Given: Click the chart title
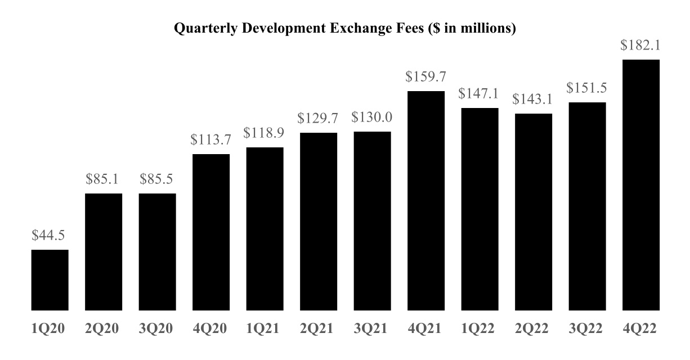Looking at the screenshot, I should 345,29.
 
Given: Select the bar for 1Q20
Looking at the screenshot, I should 50,280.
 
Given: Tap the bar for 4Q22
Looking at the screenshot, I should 641,186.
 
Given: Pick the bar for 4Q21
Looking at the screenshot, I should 426,201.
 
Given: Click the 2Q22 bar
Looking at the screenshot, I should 534,212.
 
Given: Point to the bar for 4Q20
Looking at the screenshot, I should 211,232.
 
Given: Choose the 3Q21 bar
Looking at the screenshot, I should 372,221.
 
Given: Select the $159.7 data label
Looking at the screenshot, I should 426,77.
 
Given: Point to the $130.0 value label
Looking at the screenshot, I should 372,118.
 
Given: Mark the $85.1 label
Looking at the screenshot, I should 104,179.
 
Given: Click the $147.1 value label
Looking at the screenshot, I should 480,94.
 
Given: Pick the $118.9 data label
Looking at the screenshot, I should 265,133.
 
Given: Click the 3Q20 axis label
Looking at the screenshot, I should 157,328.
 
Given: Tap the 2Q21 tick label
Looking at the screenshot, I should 319,328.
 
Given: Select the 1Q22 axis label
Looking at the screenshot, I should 480,328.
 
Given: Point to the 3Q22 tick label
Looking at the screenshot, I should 587,328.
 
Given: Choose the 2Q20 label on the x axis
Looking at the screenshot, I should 104,328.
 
